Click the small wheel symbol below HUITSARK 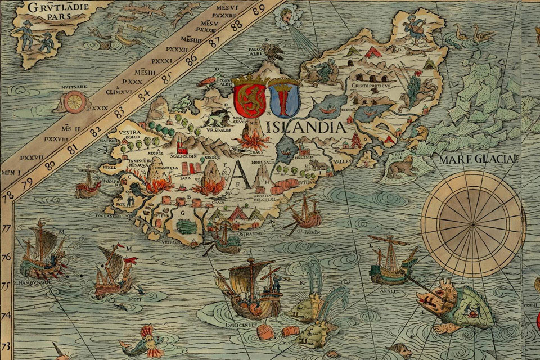tap(74, 102)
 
